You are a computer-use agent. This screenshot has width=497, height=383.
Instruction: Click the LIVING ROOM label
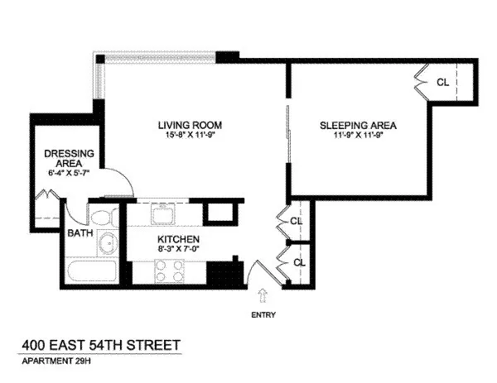pyautogui.click(x=191, y=126)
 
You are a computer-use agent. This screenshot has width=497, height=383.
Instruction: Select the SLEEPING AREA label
pyautogui.click(x=359, y=126)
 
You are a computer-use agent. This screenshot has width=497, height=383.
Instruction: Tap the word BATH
pyautogui.click(x=79, y=232)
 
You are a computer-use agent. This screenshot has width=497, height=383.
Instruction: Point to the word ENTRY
pyautogui.click(x=263, y=314)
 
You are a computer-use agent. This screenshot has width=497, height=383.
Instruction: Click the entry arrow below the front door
pyautogui.click(x=263, y=294)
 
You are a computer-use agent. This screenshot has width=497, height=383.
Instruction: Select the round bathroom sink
pyautogui.click(x=106, y=245)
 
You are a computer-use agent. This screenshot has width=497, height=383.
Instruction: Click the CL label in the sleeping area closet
pyautogui.click(x=442, y=83)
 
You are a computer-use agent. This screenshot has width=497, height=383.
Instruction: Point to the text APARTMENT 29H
pyautogui.click(x=55, y=361)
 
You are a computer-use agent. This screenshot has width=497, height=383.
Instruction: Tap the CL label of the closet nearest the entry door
pyautogui.click(x=297, y=262)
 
